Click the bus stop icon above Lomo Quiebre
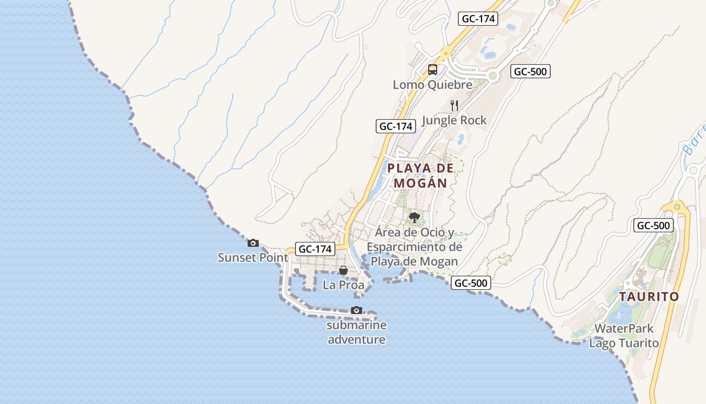pos(432,70)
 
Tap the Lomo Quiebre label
pos(432,85)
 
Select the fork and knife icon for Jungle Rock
pos(454,106)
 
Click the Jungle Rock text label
pos(454,120)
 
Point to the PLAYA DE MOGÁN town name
pos(421,175)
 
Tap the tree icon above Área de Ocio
pos(415,218)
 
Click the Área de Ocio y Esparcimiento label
pos(415,247)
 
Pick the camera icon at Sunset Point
pos(253,243)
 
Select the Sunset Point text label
pos(253,258)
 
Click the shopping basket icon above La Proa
pos(343,270)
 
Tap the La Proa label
pos(343,285)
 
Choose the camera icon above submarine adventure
pos(357,310)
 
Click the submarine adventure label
pos(357,332)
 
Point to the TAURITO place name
pos(649,296)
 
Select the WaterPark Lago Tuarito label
pos(624,336)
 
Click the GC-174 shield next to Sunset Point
pos(315,249)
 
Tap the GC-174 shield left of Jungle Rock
pos(396,126)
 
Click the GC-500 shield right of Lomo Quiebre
pos(530,72)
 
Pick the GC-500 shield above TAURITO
pos(654,226)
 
